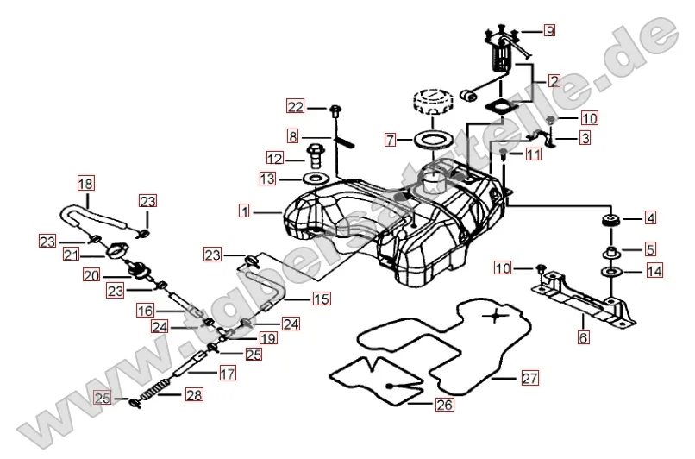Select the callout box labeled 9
click(549, 30)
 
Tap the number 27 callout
click(528, 378)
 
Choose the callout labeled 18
click(84, 183)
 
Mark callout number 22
click(296, 107)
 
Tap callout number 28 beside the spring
click(193, 395)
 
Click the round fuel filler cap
click(435, 105)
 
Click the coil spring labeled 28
click(153, 396)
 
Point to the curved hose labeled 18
click(95, 212)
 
